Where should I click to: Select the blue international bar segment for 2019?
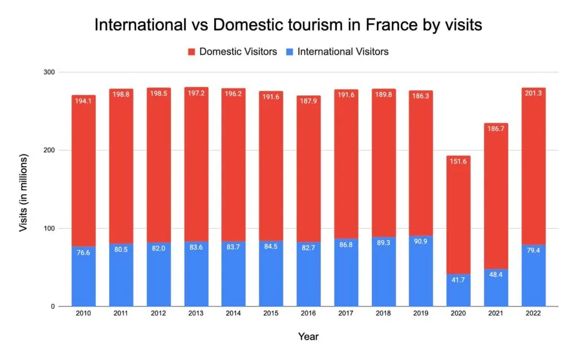(x=421, y=282)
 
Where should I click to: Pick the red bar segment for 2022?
(x=533, y=180)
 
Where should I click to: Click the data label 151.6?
(x=458, y=162)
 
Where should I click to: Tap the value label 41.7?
(x=458, y=280)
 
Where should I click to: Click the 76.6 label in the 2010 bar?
(x=83, y=252)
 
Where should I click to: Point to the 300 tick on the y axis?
(x=49, y=73)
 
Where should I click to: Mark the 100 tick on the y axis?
(x=49, y=229)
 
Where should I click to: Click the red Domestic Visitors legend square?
(x=191, y=52)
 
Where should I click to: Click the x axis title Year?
(x=308, y=337)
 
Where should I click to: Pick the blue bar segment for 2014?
(x=233, y=282)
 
